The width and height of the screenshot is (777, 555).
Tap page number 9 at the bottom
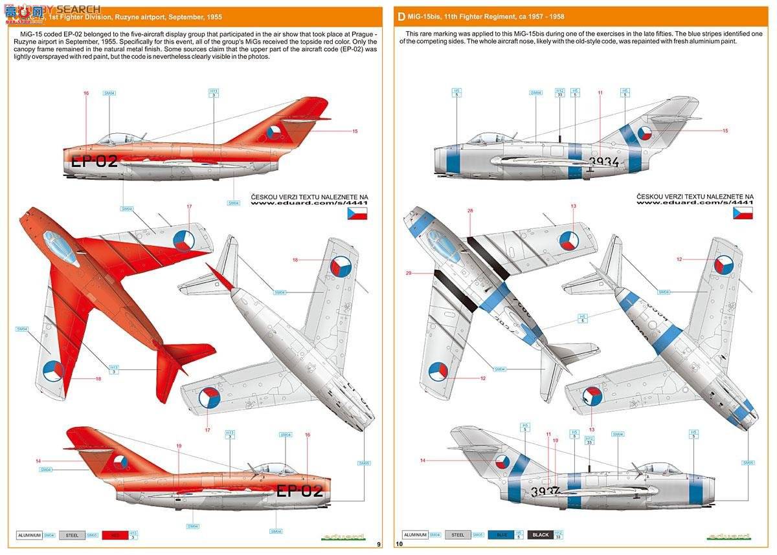[378, 544]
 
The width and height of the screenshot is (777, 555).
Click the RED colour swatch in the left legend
[114, 535]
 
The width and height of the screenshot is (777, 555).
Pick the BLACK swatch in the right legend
[541, 535]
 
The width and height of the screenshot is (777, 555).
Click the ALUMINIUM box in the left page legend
[29, 535]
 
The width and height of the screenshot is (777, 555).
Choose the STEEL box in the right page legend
[458, 535]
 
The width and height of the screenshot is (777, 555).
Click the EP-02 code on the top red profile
[95, 161]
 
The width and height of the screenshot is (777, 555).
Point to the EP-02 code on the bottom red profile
[299, 490]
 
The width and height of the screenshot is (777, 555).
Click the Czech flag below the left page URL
[357, 213]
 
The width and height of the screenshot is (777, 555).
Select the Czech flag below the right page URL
[743, 213]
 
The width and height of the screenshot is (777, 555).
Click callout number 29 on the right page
[409, 273]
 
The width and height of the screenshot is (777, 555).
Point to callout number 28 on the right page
[470, 211]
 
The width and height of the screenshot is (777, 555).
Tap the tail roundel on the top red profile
[274, 133]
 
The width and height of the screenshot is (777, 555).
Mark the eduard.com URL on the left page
[309, 202]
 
